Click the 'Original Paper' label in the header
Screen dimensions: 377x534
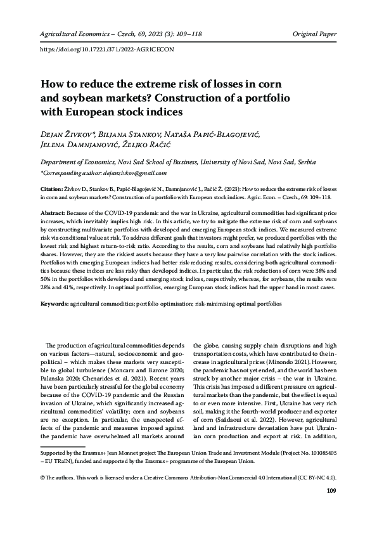coord(316,32)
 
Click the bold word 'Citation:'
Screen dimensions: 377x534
coord(53,190)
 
